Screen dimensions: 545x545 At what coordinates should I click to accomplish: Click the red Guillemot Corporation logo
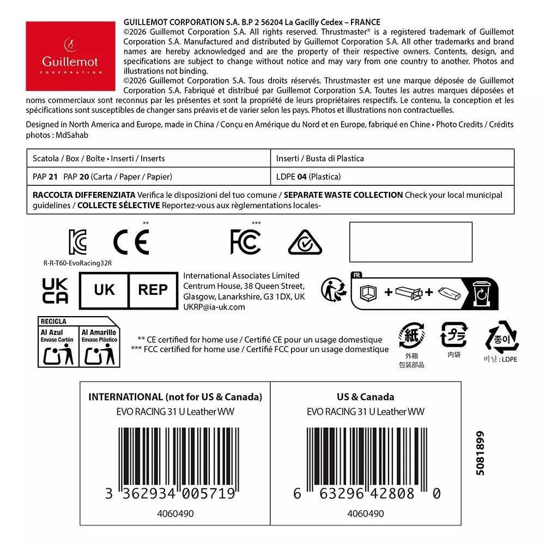[70, 56]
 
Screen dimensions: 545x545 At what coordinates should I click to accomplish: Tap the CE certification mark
[131, 242]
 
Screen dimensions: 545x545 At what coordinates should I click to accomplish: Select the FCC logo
[245, 242]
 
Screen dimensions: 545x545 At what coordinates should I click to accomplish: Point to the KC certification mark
[77, 242]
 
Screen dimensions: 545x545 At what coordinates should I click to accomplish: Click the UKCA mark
[56, 290]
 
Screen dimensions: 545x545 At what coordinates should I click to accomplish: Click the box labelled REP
[153, 289]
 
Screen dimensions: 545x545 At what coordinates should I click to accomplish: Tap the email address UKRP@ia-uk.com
[214, 307]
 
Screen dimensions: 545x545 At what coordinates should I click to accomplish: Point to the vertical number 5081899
[480, 453]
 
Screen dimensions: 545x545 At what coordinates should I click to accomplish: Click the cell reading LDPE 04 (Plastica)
[308, 177]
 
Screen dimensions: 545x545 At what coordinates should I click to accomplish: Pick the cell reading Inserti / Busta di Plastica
[320, 159]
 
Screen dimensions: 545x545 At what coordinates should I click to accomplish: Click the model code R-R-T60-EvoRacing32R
[74, 263]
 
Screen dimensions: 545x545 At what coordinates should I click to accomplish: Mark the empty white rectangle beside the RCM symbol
[410, 241]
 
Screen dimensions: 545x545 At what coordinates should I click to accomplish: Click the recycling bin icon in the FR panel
[482, 293]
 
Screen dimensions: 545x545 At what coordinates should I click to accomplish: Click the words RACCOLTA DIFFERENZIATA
[84, 195]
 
